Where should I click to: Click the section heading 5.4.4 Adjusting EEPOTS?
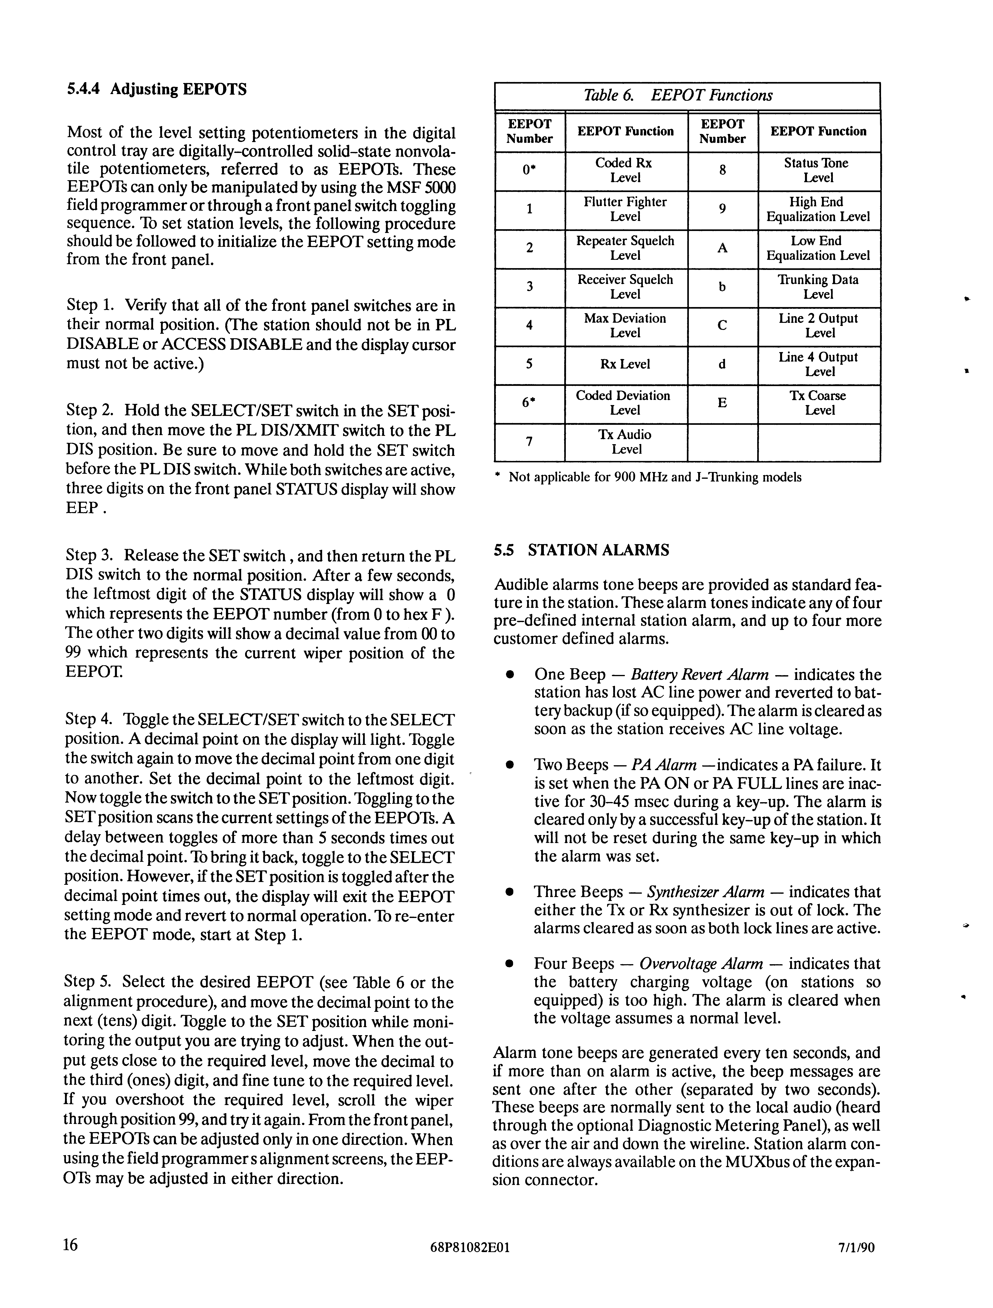tap(157, 89)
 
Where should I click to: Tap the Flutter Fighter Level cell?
tap(625, 209)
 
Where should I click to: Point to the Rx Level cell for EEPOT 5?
tap(625, 364)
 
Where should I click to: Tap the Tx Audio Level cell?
tap(625, 442)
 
